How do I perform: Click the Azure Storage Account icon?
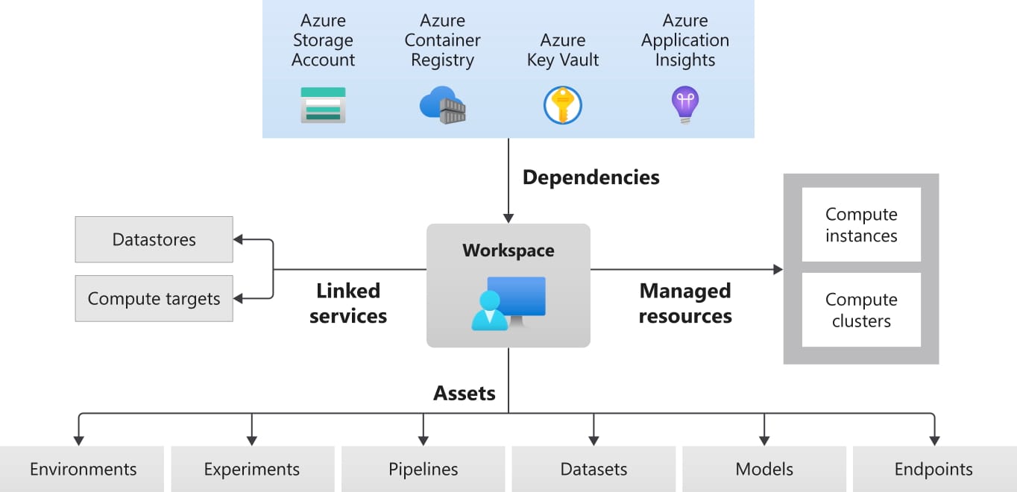pyautogui.click(x=323, y=104)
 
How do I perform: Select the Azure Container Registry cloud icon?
pyautogui.click(x=443, y=105)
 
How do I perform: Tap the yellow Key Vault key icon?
pyautogui.click(x=562, y=105)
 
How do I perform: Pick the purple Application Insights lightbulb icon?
pyautogui.click(x=684, y=104)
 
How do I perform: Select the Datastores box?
pyautogui.click(x=154, y=239)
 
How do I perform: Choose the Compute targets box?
pyautogui.click(x=154, y=299)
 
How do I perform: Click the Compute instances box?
pyautogui.click(x=860, y=224)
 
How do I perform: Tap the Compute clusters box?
pyautogui.click(x=860, y=310)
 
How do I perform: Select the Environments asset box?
pyautogui.click(x=82, y=469)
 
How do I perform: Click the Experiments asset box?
pyautogui.click(x=252, y=469)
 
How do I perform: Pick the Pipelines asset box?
pyautogui.click(x=423, y=469)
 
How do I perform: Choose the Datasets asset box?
pyautogui.click(x=593, y=469)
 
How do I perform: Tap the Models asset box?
pyautogui.click(x=764, y=469)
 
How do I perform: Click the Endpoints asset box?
pyautogui.click(x=933, y=469)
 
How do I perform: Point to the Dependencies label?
pyautogui.click(x=591, y=177)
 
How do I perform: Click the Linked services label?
pyautogui.click(x=348, y=303)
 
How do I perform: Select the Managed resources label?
pyautogui.click(x=685, y=303)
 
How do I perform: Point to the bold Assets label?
pyautogui.click(x=465, y=392)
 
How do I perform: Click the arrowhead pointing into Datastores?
pyautogui.click(x=239, y=239)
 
